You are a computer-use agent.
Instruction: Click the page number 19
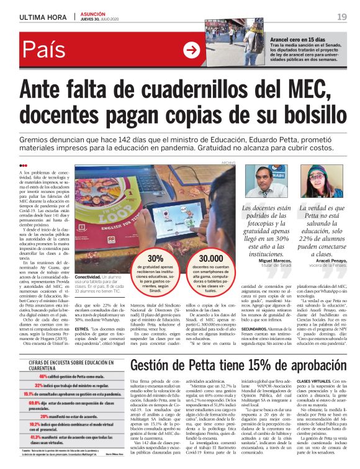pos(342,16)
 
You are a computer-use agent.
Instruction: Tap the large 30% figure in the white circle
pos(156,258)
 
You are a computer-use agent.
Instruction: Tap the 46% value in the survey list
pos(43,375)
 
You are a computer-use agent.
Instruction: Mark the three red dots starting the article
pos(23,165)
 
